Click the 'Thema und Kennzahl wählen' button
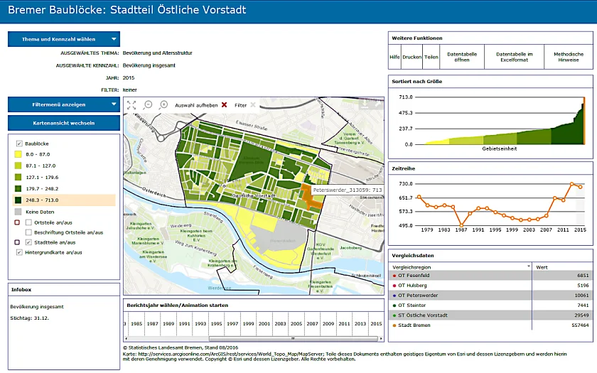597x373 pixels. tap(63, 39)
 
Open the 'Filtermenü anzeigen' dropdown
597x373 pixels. tap(63, 104)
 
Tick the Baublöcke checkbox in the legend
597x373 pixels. tap(19, 143)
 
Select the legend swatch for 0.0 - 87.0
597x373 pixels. tap(18, 153)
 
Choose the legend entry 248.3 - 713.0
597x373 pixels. tap(18, 200)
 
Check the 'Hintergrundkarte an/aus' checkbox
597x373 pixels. tap(19, 252)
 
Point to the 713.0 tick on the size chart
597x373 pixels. tap(405, 97)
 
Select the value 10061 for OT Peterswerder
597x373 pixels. tap(582, 295)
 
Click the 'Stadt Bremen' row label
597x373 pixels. tap(414, 325)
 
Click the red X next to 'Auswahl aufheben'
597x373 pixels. tap(225, 105)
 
